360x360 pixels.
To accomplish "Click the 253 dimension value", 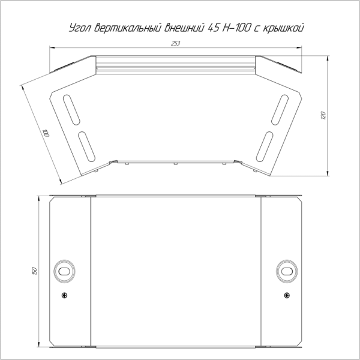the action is [x=175, y=43].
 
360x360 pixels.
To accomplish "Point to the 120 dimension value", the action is [x=323, y=115].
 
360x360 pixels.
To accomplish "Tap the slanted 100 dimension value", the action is [x=46, y=133].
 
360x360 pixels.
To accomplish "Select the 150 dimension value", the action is [x=34, y=271].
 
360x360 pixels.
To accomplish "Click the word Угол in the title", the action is [x=80, y=28].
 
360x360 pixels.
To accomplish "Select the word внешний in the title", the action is [x=184, y=28].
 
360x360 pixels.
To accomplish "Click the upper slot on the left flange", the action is [x=71, y=110].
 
